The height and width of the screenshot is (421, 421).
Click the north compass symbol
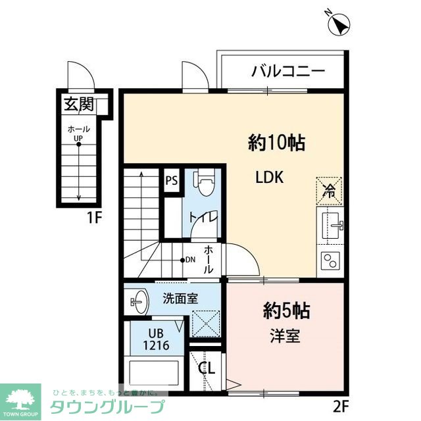[x=339, y=25]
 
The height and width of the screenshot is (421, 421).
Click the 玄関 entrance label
[x=79, y=104]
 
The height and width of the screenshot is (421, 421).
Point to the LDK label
[x=270, y=178]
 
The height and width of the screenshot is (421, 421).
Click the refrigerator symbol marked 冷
[x=330, y=190]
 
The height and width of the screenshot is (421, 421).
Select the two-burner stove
[x=330, y=262]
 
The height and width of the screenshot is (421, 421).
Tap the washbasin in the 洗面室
[x=137, y=303]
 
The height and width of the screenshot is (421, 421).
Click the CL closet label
[x=207, y=368]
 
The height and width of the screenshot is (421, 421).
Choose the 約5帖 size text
[x=288, y=310]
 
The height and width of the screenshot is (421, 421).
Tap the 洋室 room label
[x=285, y=335]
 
